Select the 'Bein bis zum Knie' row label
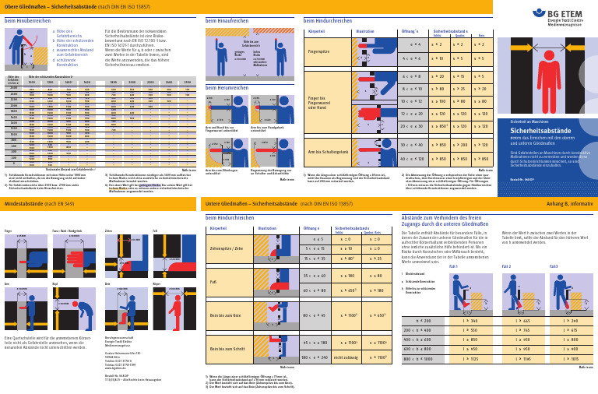pos(227,316)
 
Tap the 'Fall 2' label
pos(506,266)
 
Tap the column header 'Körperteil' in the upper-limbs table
pos(317,32)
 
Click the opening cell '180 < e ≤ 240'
pos(315,357)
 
